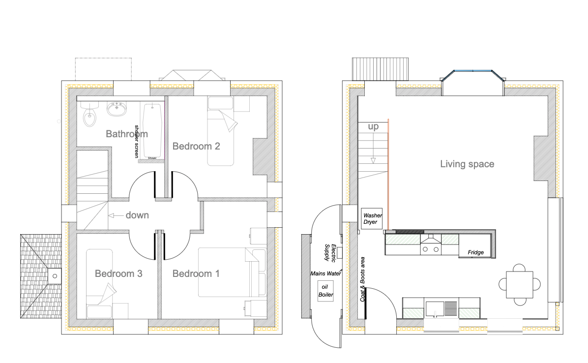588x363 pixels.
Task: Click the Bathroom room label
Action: coord(127,134)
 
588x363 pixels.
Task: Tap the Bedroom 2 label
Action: coord(196,146)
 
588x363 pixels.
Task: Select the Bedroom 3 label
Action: coord(118,274)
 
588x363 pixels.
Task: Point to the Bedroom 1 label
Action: coord(196,274)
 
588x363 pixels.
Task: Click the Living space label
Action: coord(467,164)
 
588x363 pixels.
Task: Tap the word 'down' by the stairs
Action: coord(137,215)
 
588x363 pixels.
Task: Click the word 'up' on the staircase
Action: coord(373,127)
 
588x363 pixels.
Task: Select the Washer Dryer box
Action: coord(372,218)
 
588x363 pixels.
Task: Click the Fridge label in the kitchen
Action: coord(475,252)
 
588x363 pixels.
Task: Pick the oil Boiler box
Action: coord(325,291)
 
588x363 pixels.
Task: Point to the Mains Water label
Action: coord(325,273)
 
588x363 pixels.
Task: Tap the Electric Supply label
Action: coord(330,253)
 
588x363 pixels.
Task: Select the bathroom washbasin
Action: coord(117,108)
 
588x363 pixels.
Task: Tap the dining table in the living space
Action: coord(519,285)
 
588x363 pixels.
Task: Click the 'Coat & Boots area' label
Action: coord(363,279)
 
